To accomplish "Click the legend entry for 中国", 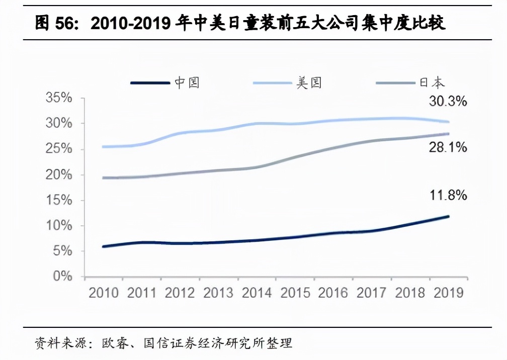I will tap(166, 83).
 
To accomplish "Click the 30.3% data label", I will tap(448, 102).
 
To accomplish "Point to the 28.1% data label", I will tap(448, 147).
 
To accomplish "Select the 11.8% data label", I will tap(448, 195).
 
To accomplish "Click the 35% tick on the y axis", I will tap(59, 98).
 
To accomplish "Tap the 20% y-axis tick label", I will tap(59, 174).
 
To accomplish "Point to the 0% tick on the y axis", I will tap(62, 277).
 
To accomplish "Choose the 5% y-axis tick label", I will tap(62, 251).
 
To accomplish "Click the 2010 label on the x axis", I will tap(104, 293).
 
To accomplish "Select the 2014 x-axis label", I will tap(257, 293).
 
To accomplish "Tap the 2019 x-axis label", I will tap(448, 293).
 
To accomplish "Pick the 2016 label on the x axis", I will tap(333, 293).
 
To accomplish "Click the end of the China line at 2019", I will tap(448, 217).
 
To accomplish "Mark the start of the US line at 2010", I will tap(104, 147).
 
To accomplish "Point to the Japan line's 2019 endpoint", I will tap(448, 134).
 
